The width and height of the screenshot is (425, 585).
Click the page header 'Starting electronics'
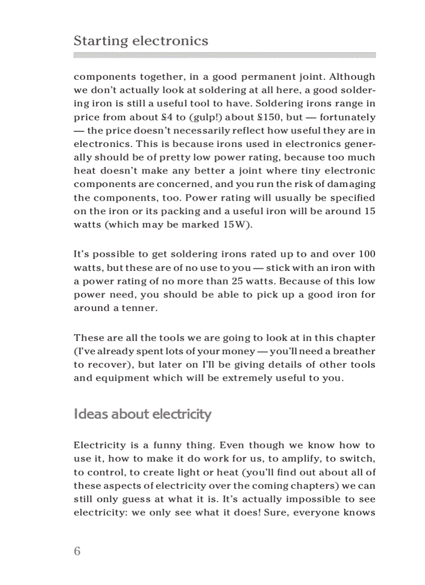coord(141,41)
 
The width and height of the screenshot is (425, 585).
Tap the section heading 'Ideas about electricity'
coord(142,414)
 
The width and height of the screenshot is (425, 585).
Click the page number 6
coord(77,551)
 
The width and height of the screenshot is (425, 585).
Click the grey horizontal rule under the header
coord(224,55)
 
